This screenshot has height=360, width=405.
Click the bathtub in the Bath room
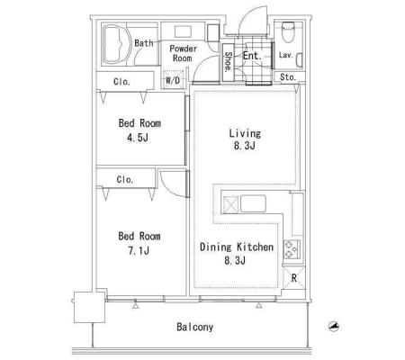point(116,44)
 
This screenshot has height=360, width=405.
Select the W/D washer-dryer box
point(173,80)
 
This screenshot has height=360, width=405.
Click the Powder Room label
point(183,53)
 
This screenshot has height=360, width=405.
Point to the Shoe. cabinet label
point(229,62)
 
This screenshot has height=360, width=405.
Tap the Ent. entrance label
point(252,56)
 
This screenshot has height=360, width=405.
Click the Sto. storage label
point(288,77)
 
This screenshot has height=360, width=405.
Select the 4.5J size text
point(138,138)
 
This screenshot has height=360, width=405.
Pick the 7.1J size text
point(139,250)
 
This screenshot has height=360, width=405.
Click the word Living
point(245,133)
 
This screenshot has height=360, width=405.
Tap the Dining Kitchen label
point(237,247)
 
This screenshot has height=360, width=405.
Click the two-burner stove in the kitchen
point(292,249)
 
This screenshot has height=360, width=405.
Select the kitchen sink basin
point(253,203)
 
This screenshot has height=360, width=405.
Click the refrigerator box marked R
point(293,278)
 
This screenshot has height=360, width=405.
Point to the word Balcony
point(195,327)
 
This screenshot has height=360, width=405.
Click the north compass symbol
point(334,327)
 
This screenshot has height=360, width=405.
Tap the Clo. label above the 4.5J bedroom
point(121,81)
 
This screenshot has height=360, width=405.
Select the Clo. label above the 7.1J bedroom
point(125,179)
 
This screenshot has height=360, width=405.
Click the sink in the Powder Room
point(183,31)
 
